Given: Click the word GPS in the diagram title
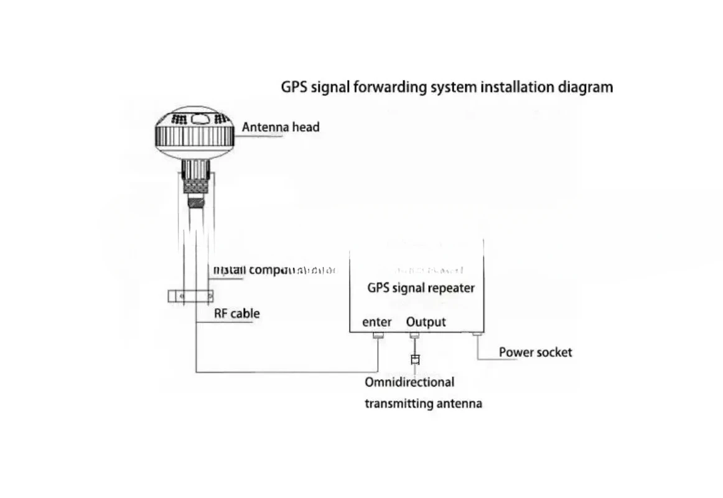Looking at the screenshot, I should click(294, 87).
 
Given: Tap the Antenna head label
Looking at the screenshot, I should click(281, 128).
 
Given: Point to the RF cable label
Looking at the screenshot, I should click(236, 313).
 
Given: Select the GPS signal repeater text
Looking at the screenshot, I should click(421, 288).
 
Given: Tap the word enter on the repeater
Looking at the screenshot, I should click(377, 322).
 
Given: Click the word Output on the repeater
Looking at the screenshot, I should click(426, 322).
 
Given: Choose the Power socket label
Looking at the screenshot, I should click(535, 352).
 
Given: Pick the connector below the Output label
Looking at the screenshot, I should click(414, 336).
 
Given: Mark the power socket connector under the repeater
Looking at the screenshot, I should click(477, 335).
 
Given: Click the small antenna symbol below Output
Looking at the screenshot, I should click(415, 359).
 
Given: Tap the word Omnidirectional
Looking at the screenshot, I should click(409, 382).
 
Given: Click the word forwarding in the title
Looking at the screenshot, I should click(391, 87).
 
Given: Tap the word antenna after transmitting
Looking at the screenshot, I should click(459, 403).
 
